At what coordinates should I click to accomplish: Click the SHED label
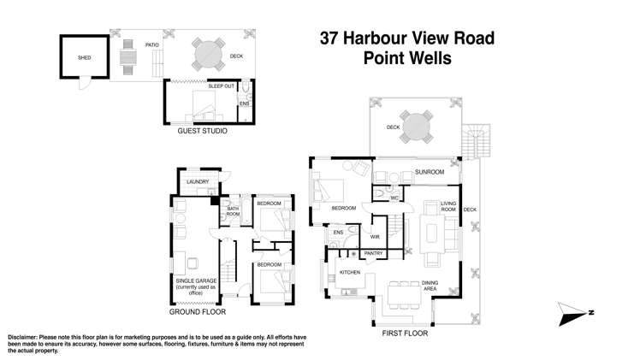click(x=84, y=58)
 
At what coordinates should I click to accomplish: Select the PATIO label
click(x=152, y=44)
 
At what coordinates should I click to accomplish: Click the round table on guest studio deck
click(x=205, y=56)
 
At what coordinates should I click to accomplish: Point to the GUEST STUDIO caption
click(x=203, y=132)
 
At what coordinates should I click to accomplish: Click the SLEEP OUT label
click(x=222, y=87)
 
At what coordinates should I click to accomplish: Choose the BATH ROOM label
click(x=233, y=212)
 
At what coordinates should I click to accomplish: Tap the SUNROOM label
click(x=430, y=172)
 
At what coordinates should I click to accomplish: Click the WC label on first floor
click(x=394, y=198)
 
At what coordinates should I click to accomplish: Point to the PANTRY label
click(x=373, y=253)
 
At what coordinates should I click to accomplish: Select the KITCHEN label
click(x=351, y=271)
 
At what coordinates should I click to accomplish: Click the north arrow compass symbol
click(x=574, y=314)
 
